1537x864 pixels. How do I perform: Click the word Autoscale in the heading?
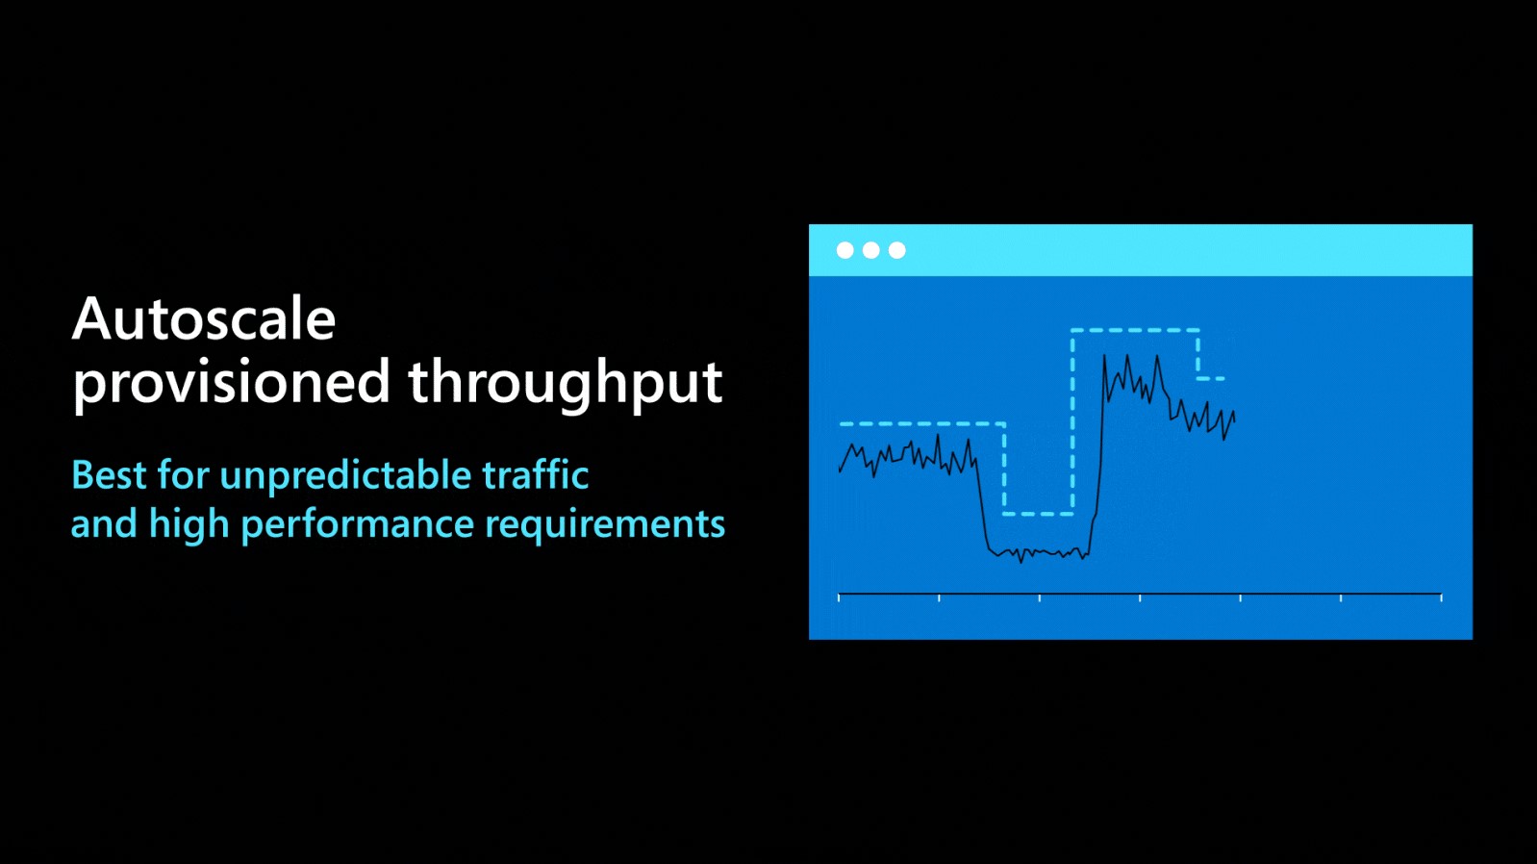(204, 319)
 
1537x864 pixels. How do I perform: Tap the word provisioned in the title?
(231, 383)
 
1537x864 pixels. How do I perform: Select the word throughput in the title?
(565, 383)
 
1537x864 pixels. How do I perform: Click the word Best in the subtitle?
(108, 475)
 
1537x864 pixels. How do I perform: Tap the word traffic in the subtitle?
(535, 475)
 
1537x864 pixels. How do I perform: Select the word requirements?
(605, 525)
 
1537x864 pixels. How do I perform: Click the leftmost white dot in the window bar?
(844, 250)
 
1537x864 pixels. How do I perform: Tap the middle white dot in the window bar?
(870, 250)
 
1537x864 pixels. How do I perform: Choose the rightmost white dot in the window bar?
(896, 250)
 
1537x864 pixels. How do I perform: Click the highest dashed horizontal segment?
(1135, 330)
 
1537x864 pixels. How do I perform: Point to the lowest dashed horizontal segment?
(1038, 514)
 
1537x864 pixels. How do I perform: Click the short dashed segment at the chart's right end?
(1211, 378)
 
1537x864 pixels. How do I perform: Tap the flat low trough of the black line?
(1039, 553)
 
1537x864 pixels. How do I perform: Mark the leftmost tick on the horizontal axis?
(839, 597)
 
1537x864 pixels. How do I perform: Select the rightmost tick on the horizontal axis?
(1441, 597)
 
